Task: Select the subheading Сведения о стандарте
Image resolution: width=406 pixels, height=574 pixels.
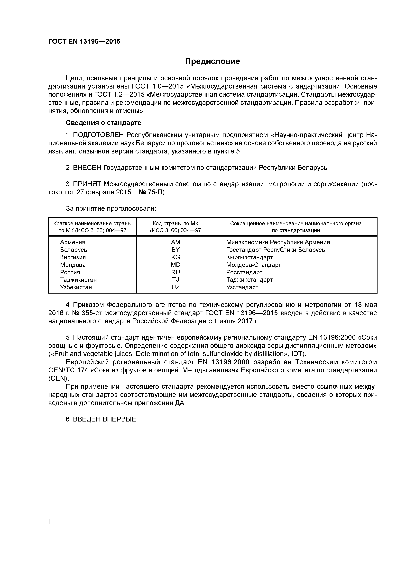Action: pyautogui.click(x=103, y=123)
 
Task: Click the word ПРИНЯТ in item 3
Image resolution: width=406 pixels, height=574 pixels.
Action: pyautogui.click(x=87, y=184)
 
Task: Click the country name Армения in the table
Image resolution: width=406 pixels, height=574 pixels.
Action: pyautogui.click(x=73, y=242)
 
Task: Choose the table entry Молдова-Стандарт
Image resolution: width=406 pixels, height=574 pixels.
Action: pyautogui.click(x=253, y=265)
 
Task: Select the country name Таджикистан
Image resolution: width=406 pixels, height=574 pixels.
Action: pyautogui.click(x=78, y=280)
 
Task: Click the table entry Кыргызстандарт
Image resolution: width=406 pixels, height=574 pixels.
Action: pyautogui.click(x=249, y=257)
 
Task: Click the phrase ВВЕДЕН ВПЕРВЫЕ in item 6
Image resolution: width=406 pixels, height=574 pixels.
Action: pyautogui.click(x=105, y=419)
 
